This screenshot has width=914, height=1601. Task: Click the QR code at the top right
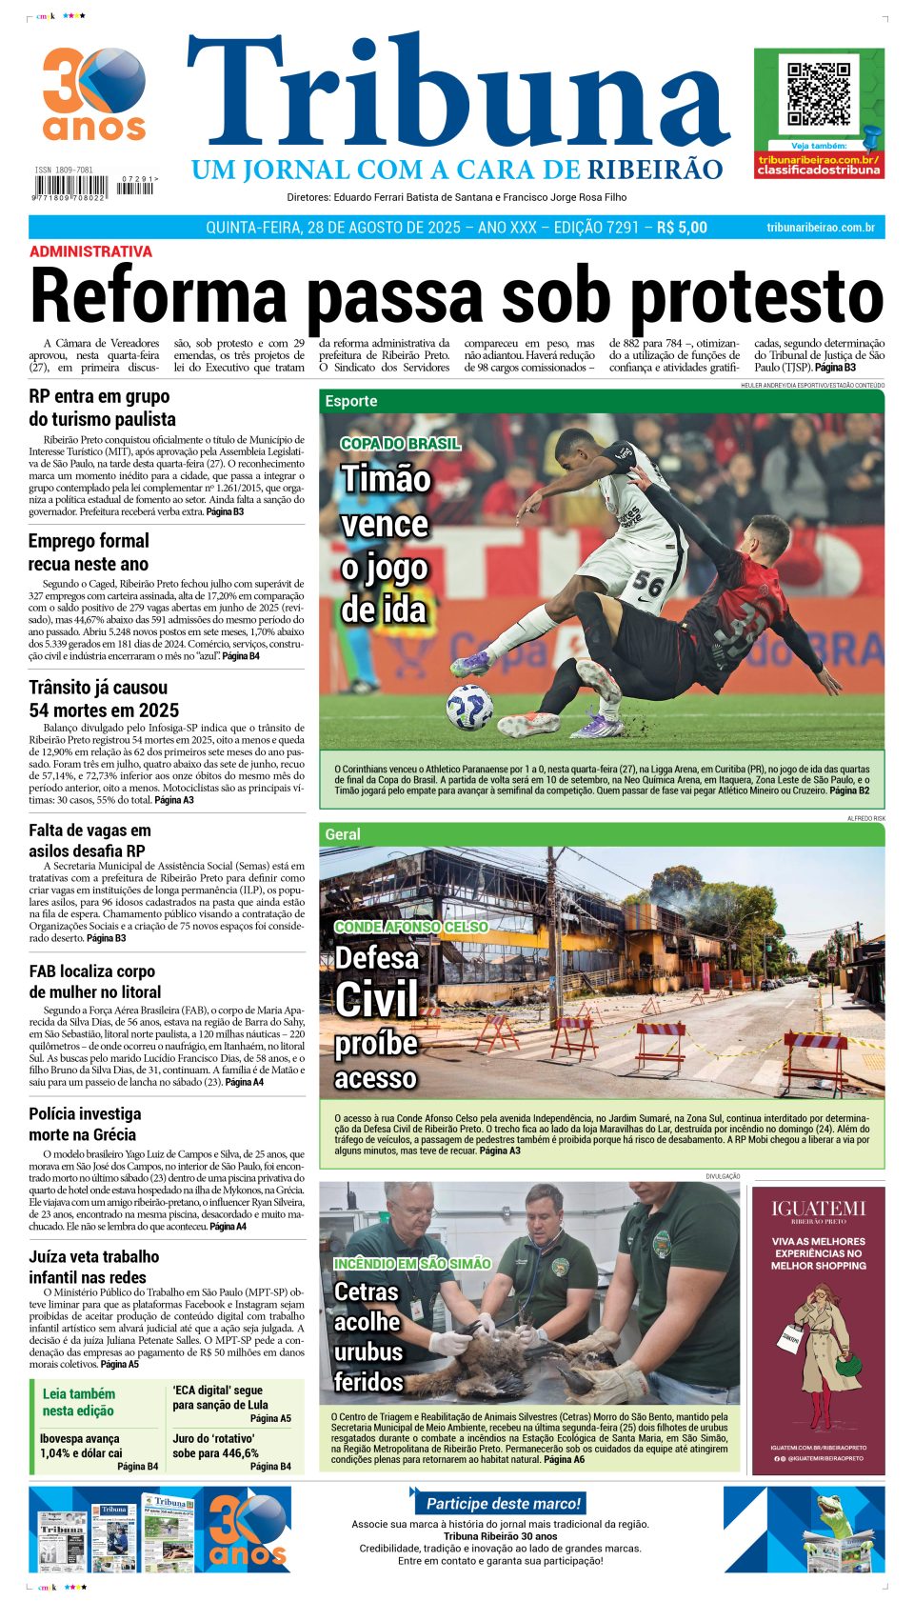[819, 94]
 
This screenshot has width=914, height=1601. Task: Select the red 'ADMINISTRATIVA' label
[90, 251]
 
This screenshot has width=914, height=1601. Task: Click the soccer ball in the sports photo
[469, 707]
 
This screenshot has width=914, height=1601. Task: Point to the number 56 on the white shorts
[647, 582]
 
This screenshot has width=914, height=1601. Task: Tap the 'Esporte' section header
[351, 401]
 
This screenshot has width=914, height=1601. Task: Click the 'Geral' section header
[343, 834]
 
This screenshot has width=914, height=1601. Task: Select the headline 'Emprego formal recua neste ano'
[89, 552]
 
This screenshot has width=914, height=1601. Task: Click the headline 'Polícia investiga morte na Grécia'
[85, 1124]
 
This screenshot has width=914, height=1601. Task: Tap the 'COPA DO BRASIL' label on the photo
[401, 443]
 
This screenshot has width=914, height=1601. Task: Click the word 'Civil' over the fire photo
[377, 1000]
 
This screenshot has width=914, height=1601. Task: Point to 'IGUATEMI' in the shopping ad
[818, 1209]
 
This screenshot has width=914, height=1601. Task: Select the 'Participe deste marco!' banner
[502, 1503]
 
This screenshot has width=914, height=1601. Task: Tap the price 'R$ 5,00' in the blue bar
[682, 228]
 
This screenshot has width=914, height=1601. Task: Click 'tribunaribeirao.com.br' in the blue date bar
[820, 228]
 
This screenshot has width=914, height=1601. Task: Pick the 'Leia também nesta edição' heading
[78, 1402]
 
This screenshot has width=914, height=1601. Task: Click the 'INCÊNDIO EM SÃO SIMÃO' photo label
[411, 1263]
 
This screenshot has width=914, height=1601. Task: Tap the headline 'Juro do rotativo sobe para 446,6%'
[215, 1446]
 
